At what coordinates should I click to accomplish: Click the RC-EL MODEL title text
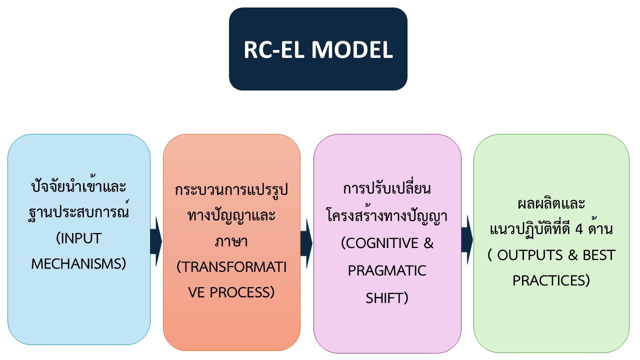[x=318, y=49]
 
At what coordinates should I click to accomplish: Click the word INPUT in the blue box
[x=81, y=238]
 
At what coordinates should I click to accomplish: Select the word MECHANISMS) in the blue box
[x=79, y=263]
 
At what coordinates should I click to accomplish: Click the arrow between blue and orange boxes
[x=156, y=241]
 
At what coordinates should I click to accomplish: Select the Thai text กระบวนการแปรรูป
[x=231, y=189]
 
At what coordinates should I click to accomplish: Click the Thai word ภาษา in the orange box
[x=231, y=241]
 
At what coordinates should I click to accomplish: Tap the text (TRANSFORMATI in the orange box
[x=231, y=267]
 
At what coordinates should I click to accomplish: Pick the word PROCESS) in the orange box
[x=242, y=292]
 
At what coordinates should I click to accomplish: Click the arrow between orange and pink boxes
[x=306, y=243]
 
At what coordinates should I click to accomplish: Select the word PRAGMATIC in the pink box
[x=387, y=270]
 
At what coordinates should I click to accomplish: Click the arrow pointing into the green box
[x=467, y=240]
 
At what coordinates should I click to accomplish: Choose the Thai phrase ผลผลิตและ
[x=551, y=203]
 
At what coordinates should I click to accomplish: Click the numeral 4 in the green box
[x=579, y=229]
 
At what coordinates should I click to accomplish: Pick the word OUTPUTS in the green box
[x=530, y=255]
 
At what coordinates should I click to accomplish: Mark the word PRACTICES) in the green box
[x=551, y=280]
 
